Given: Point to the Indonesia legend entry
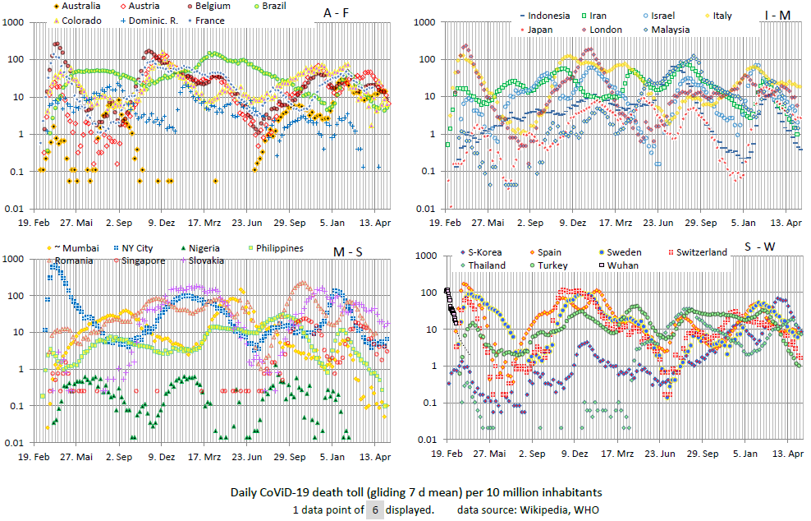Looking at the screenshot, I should [x=550, y=16].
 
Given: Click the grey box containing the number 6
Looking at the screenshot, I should [x=374, y=510].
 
